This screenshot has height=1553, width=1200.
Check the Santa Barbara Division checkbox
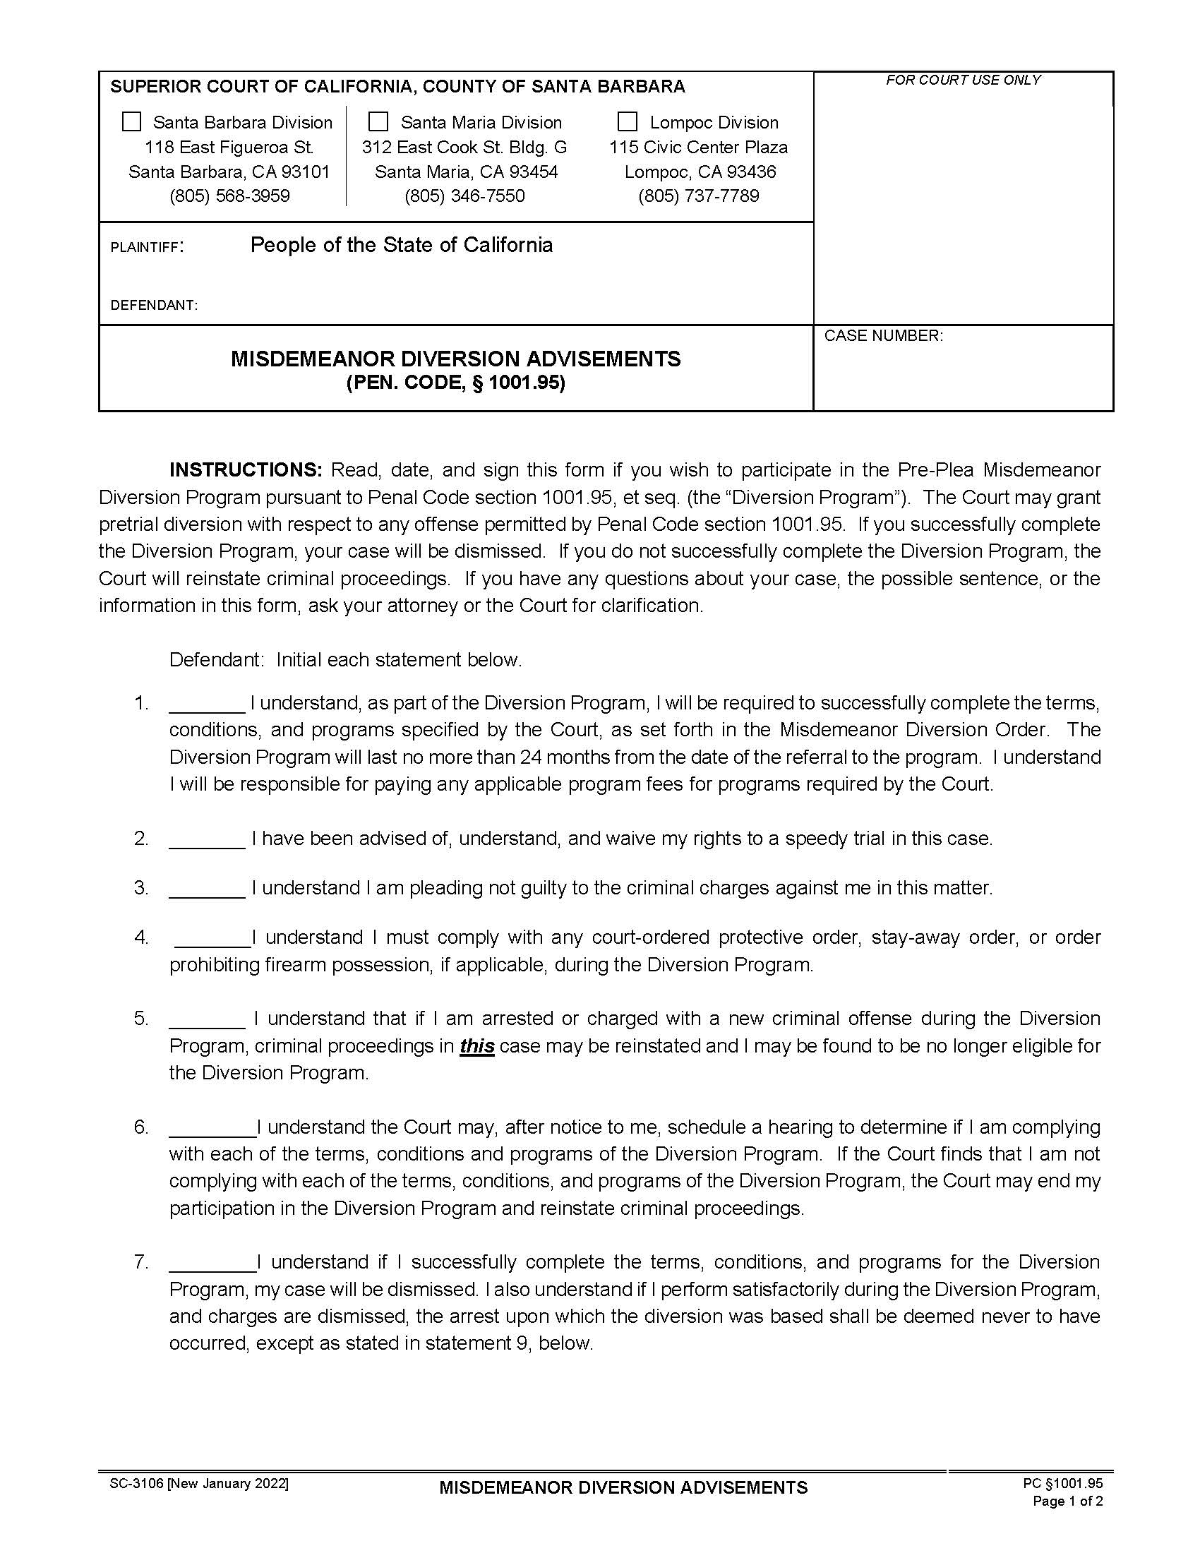(131, 121)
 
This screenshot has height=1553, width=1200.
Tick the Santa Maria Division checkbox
(378, 121)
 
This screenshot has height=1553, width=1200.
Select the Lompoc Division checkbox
(627, 121)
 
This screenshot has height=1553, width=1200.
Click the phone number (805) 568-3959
(229, 196)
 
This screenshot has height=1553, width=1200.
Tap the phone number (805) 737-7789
(698, 196)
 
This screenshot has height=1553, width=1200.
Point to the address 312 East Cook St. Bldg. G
(464, 148)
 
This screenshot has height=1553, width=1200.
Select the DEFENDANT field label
(154, 305)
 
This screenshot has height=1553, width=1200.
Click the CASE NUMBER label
(883, 335)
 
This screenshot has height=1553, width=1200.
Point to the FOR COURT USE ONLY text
(963, 80)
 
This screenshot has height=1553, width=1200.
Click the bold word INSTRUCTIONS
(246, 469)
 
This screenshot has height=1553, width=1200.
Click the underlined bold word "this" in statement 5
(477, 1046)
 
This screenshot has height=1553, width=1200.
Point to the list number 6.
(140, 1127)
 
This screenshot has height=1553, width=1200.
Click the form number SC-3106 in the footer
(137, 1484)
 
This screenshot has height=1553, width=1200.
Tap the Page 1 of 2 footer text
(1067, 1501)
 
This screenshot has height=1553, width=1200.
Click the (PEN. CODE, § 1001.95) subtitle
(456, 383)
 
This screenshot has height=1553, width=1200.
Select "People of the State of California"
(401, 246)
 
